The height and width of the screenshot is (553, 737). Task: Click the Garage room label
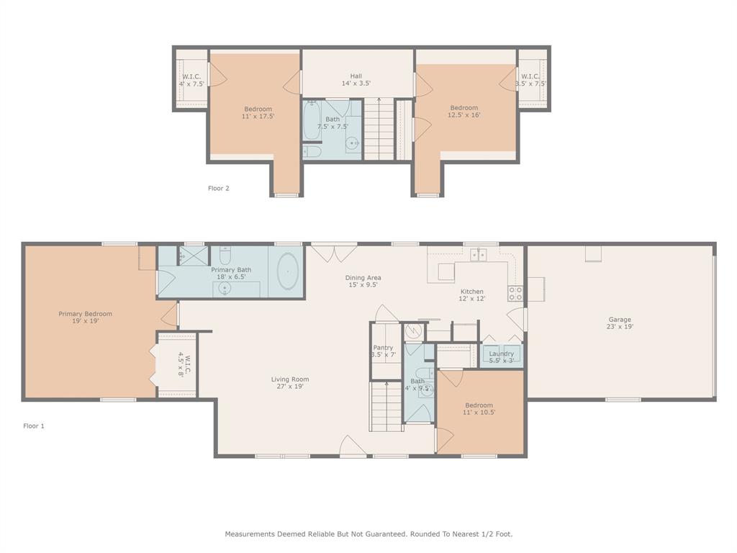620,319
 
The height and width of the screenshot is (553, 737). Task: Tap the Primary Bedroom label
85,314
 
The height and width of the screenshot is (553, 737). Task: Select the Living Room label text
290,379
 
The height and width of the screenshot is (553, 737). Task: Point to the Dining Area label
363,277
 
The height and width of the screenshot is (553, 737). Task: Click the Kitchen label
472,291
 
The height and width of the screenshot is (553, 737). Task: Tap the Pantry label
383,348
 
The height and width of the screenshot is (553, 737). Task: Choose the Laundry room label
502,354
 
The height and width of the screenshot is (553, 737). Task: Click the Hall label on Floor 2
356,76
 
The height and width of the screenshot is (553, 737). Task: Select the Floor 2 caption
219,188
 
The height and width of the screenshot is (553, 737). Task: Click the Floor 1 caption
34,426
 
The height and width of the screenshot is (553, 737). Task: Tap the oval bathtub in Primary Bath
288,271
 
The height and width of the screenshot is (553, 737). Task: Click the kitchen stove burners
515,294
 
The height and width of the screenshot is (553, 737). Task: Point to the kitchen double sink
479,254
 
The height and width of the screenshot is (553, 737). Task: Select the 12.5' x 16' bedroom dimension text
464,114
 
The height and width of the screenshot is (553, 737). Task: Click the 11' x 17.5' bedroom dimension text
258,116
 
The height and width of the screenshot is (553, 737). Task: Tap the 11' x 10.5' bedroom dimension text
479,412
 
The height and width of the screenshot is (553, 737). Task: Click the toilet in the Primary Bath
225,254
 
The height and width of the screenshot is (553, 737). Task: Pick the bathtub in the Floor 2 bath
311,120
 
